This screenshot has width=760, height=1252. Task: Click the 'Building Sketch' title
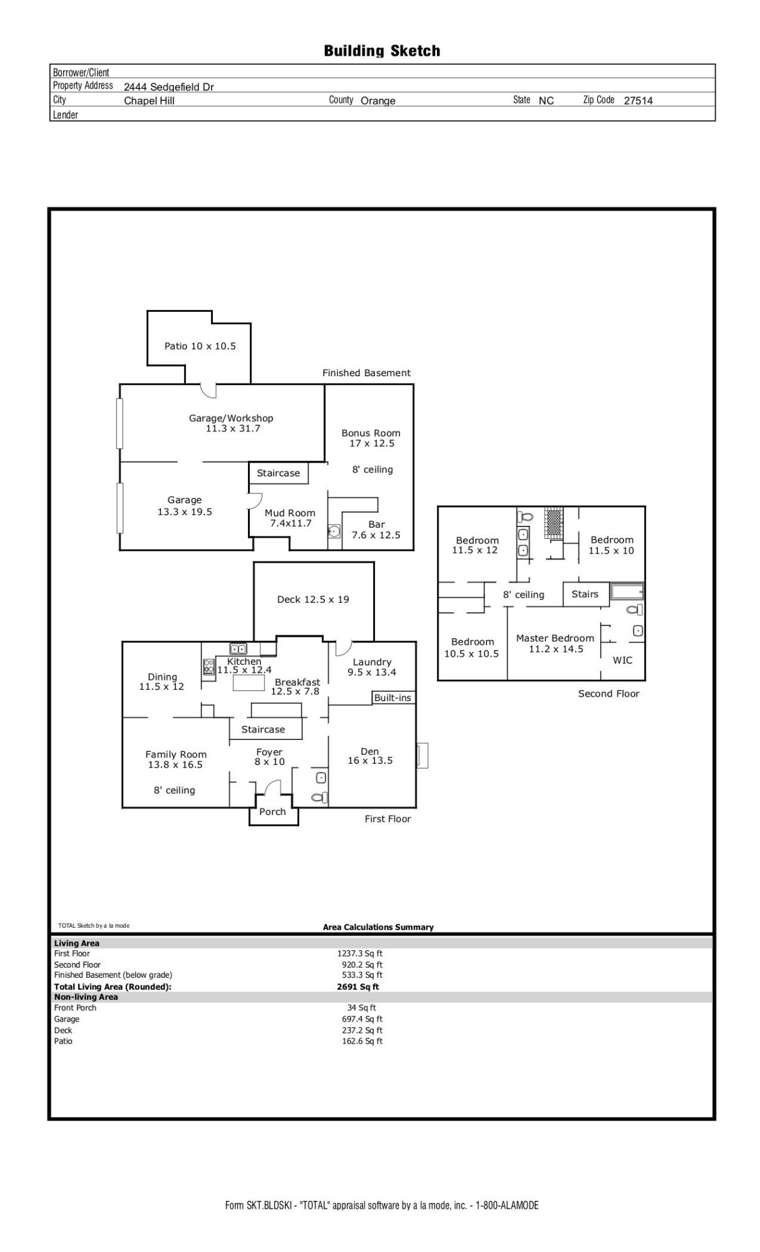click(x=382, y=51)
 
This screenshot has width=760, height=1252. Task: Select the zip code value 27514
click(x=638, y=101)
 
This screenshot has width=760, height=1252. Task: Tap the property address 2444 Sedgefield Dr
click(x=168, y=87)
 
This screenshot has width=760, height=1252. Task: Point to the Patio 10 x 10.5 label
click(x=200, y=346)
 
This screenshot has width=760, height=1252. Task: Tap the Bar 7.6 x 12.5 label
click(x=376, y=530)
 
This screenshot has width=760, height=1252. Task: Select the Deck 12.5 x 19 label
click(x=313, y=600)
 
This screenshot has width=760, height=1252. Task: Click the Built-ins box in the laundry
click(x=393, y=698)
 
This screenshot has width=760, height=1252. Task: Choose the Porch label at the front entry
click(x=272, y=812)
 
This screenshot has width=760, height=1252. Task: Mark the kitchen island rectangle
click(x=249, y=682)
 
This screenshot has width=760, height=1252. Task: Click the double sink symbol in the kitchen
click(x=238, y=649)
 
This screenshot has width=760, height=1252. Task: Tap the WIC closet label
click(x=622, y=660)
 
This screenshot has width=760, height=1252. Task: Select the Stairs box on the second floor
click(x=585, y=594)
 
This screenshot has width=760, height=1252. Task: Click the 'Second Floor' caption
click(x=609, y=694)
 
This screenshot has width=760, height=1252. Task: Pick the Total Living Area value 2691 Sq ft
click(x=358, y=987)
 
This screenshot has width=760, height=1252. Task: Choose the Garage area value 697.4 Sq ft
click(x=362, y=1019)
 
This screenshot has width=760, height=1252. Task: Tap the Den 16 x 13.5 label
click(x=370, y=756)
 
